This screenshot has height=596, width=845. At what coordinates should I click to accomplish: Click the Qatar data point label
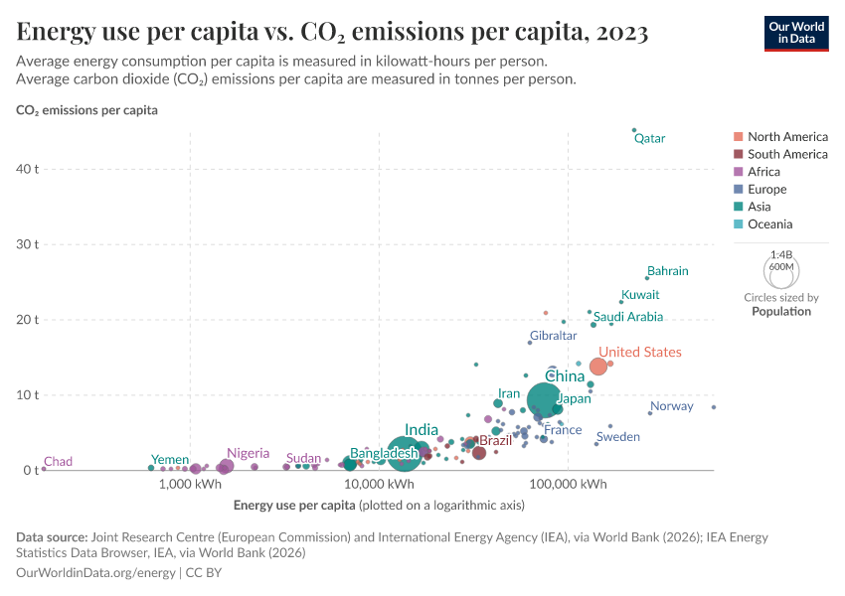[x=649, y=138]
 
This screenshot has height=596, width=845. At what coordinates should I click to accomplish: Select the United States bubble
[x=597, y=367]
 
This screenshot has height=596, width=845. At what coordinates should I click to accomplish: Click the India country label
[x=422, y=430]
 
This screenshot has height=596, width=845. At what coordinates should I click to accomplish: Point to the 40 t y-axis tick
[x=27, y=169]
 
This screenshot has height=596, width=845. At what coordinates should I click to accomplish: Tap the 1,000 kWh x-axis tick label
[x=189, y=485]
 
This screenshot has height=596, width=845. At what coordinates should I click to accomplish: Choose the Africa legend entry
[x=765, y=172]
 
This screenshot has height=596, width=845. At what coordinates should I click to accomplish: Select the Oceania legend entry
[x=771, y=224]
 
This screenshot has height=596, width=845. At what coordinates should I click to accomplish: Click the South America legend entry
[x=787, y=154]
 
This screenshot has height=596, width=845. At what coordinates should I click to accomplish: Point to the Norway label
[x=671, y=406]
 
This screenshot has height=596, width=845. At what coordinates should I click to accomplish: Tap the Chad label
[x=59, y=462]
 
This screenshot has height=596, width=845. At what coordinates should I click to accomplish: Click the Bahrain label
[x=667, y=270]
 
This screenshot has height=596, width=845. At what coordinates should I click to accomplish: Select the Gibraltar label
[x=553, y=336]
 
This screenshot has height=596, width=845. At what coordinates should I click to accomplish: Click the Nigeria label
[x=248, y=453]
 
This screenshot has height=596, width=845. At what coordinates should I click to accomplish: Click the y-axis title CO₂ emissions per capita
[x=86, y=110]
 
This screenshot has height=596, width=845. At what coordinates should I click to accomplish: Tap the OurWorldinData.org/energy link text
[x=96, y=573]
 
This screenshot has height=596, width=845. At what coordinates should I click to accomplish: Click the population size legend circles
[x=780, y=270]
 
